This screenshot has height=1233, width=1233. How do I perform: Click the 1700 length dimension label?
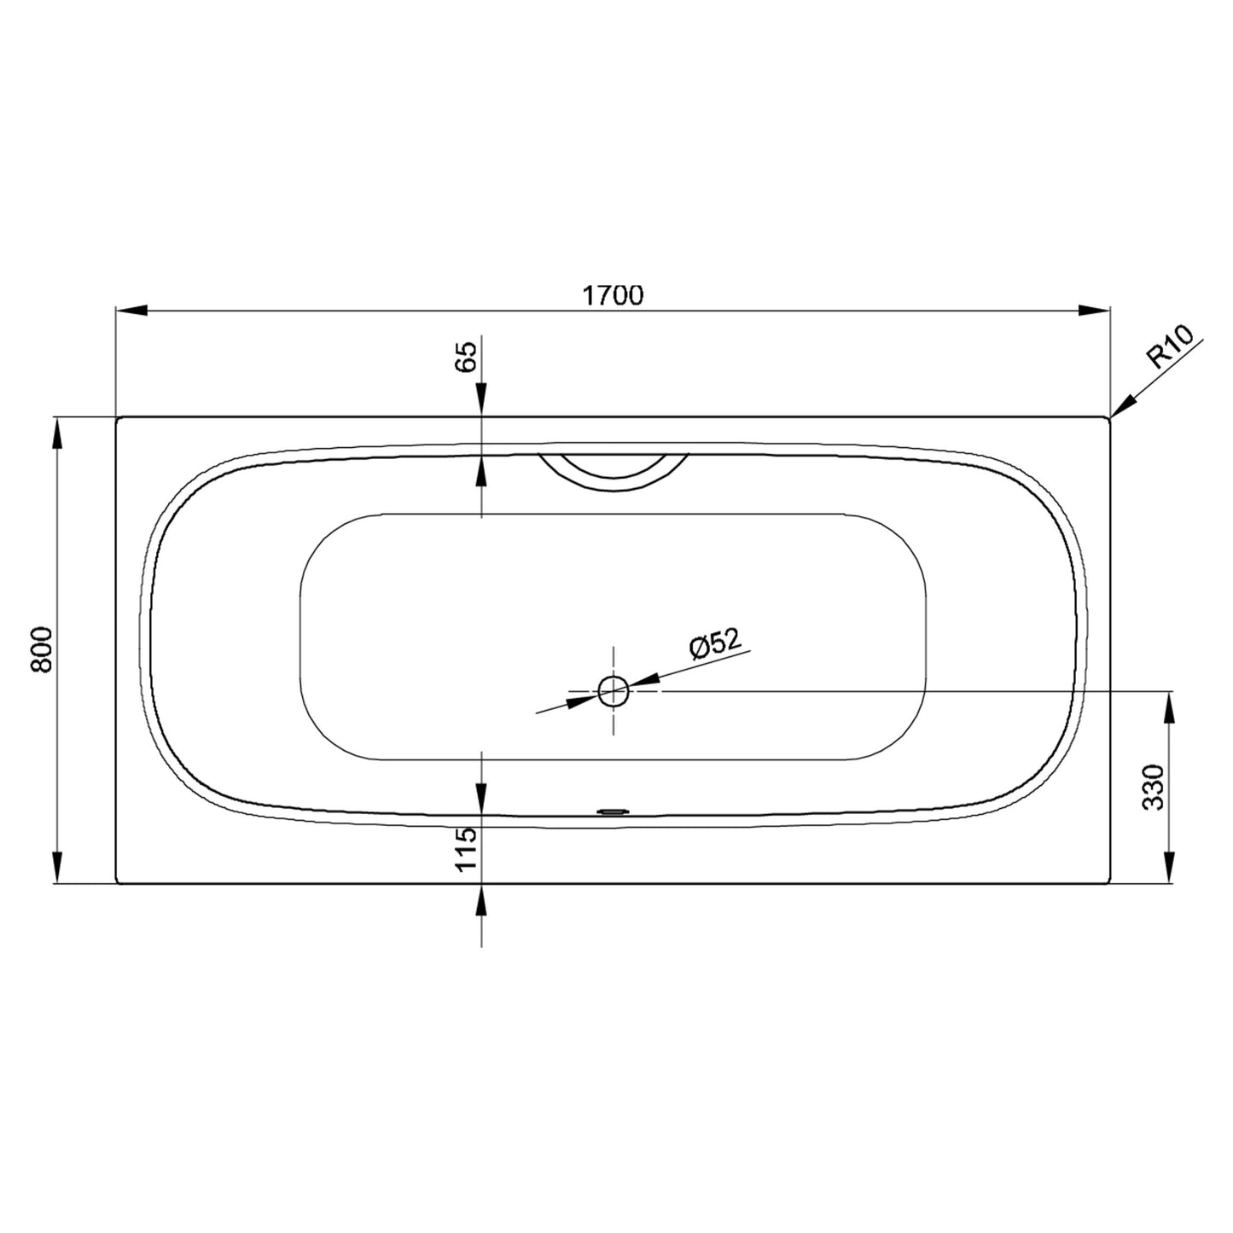click(613, 295)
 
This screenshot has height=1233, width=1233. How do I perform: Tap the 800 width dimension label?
click(42, 649)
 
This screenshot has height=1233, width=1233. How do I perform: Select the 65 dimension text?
click(467, 357)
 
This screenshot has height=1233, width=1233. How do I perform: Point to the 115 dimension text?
click(467, 848)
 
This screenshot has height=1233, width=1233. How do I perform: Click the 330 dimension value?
click(1153, 788)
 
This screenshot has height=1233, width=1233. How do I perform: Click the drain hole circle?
click(613, 691)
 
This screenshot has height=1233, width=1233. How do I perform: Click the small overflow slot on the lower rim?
click(613, 812)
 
